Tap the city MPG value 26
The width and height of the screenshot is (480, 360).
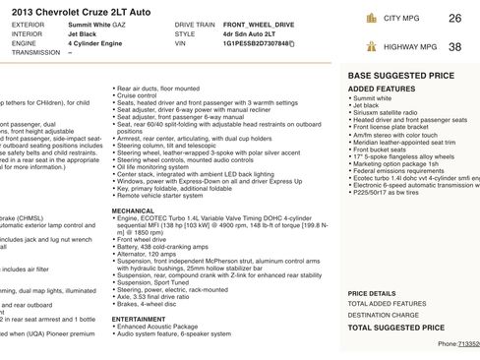coord(453,18)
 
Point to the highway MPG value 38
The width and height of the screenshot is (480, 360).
coord(453,46)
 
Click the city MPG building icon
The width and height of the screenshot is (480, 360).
coord(371,18)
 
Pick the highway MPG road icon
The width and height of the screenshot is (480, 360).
coord(371,46)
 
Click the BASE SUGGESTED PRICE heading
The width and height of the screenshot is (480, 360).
coord(400,75)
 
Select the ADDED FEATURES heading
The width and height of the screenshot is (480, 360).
coord(382,89)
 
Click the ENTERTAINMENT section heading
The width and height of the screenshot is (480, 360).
coord(139,319)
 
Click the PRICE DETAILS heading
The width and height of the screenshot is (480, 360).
coord(372,293)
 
